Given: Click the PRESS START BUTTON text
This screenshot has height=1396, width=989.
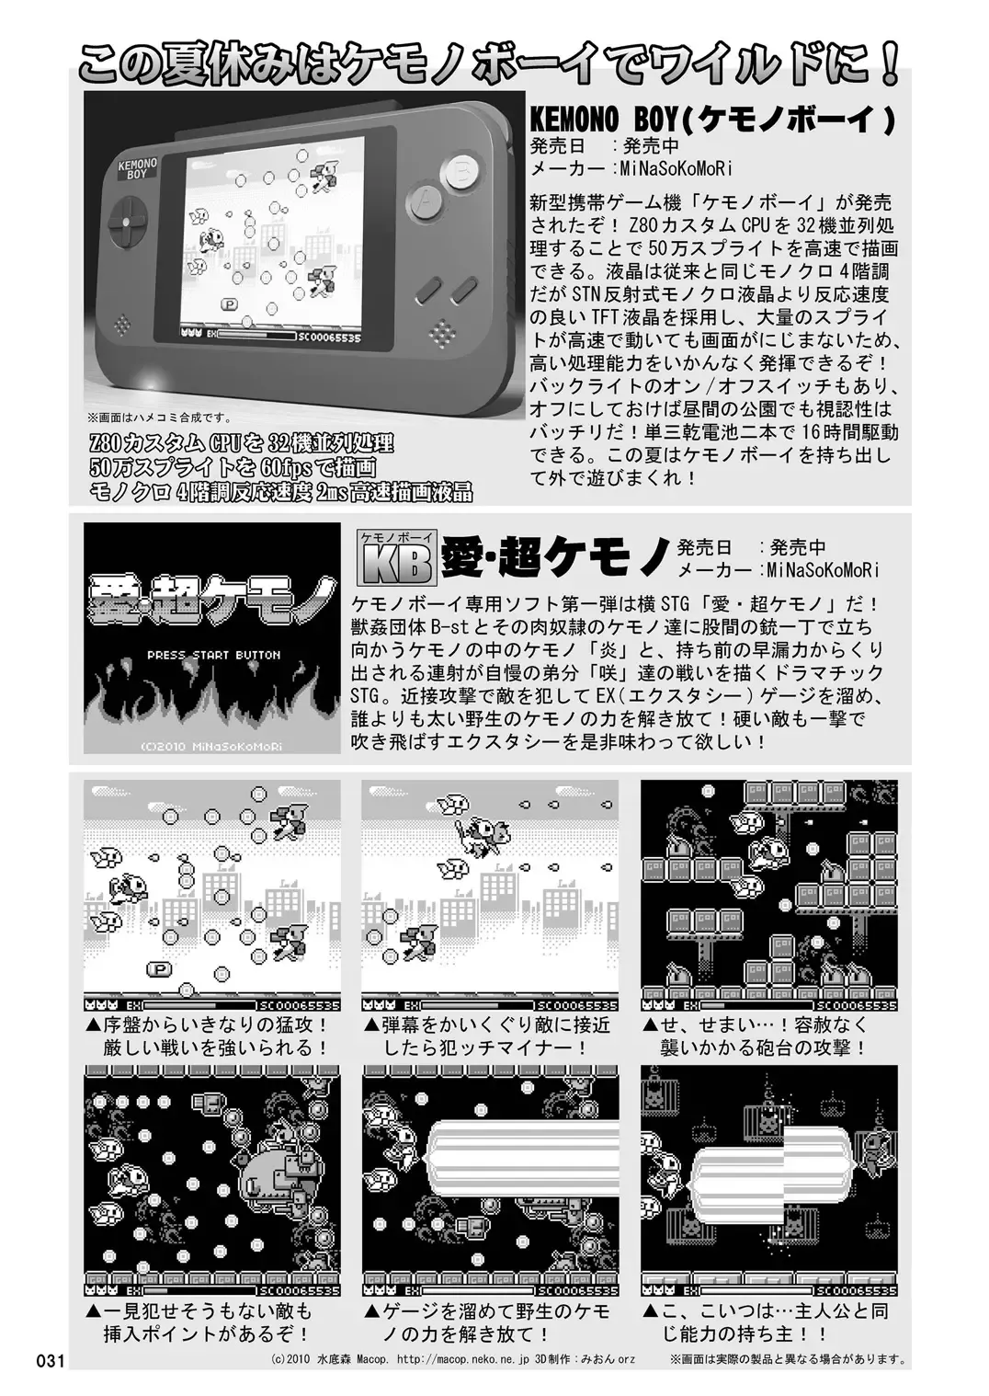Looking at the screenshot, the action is click(x=213, y=655).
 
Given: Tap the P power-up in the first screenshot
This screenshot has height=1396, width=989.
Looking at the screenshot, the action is click(x=160, y=968).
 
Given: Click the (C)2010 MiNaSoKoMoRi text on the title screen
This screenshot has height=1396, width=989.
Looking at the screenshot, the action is click(x=211, y=746).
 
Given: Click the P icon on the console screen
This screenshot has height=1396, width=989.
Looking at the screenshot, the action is click(x=230, y=304).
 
